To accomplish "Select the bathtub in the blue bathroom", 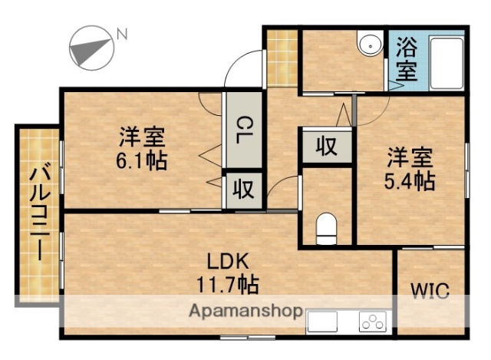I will coord(446,64).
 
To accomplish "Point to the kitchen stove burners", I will coord(372,322).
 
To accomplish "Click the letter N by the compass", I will coord(120,33).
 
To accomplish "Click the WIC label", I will coord(430,290).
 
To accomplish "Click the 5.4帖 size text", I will coord(410,182).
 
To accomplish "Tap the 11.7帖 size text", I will coord(226,284).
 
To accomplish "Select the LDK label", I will coord(226,261).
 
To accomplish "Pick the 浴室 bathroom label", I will coord(407,60).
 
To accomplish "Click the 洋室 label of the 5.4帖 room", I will coord(409,159).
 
